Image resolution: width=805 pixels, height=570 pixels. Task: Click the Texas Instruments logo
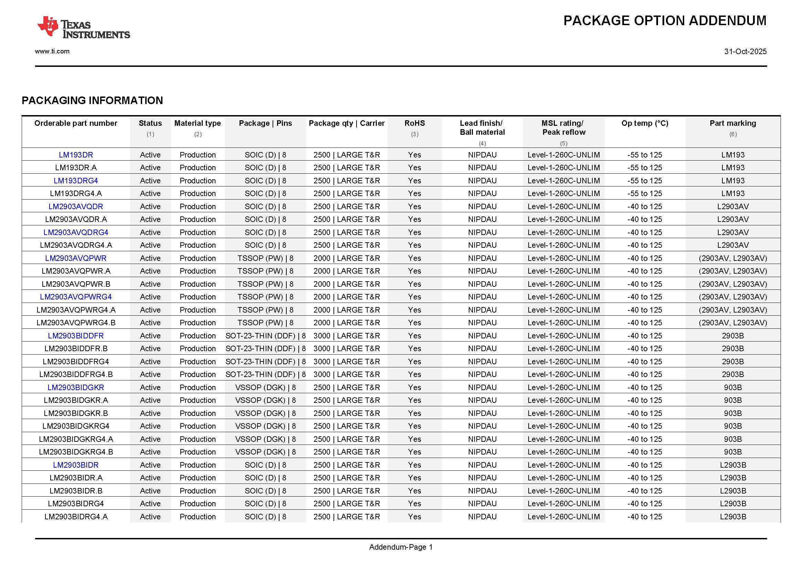pyautogui.click(x=83, y=27)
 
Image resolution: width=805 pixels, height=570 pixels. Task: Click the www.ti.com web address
pyautogui.click(x=52, y=51)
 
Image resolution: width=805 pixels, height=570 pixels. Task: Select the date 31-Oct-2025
pyautogui.click(x=745, y=52)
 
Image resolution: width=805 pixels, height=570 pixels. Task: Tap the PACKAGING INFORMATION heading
pyautogui.click(x=92, y=101)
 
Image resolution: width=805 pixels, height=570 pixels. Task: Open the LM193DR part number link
pyautogui.click(x=76, y=155)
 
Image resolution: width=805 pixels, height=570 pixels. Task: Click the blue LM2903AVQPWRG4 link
pyautogui.click(x=76, y=297)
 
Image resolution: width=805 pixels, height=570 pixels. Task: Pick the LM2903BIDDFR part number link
pyautogui.click(x=76, y=336)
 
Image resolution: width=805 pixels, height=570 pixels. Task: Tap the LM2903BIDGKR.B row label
pyautogui.click(x=76, y=414)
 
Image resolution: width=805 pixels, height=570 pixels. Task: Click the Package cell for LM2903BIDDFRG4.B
pyautogui.click(x=265, y=375)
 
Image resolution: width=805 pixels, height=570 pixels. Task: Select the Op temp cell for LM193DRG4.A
pyautogui.click(x=644, y=193)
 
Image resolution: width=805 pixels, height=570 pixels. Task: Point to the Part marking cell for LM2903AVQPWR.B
pyautogui.click(x=732, y=284)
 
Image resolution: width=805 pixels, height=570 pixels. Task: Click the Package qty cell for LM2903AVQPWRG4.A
pyautogui.click(x=347, y=310)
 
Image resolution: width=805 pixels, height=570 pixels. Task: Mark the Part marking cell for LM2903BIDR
pyautogui.click(x=732, y=465)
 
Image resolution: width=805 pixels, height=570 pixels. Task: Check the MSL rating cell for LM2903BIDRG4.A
pyautogui.click(x=563, y=517)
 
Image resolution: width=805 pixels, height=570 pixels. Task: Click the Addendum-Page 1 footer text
pyautogui.click(x=401, y=547)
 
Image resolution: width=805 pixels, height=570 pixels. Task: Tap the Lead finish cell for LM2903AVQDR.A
pyautogui.click(x=482, y=220)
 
